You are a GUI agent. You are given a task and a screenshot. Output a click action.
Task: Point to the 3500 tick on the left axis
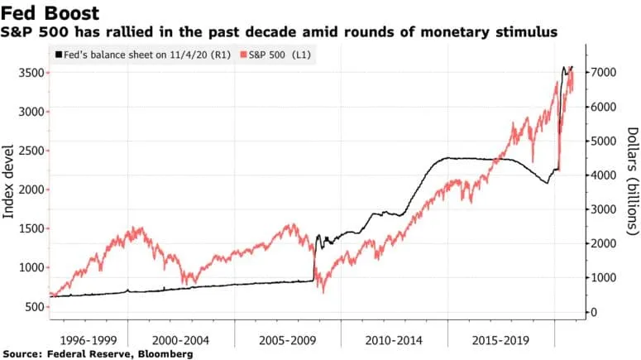tap(28, 73)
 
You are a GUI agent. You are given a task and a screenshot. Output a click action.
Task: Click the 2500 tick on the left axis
tap(28, 151)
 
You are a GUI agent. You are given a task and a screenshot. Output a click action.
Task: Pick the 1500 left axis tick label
tap(28, 228)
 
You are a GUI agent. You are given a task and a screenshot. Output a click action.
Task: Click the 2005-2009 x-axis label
tap(288, 339)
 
